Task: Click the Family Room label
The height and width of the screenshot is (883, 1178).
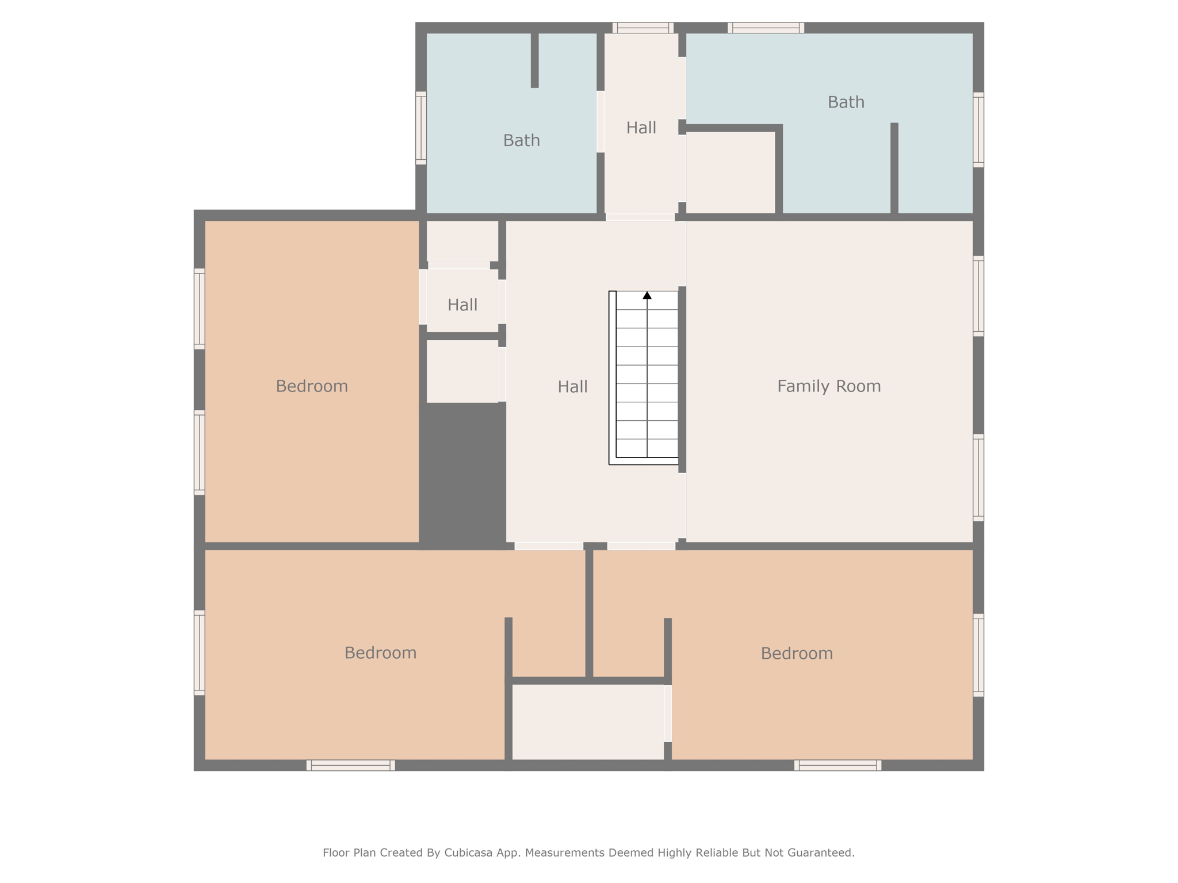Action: pos(828,386)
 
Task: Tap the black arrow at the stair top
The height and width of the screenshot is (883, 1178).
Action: pos(647,295)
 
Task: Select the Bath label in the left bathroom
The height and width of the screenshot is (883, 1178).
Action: pos(521,140)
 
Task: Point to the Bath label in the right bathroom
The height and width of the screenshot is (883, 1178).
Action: pos(846,102)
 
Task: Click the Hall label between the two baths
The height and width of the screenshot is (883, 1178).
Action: pos(641,128)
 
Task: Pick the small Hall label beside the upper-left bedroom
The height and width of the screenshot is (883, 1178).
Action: pos(462,305)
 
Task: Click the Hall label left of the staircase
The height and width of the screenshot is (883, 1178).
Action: pos(572,387)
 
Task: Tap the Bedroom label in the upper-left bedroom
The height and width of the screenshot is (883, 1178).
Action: pos(312,386)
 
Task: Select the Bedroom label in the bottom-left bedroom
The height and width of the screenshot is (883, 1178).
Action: pos(380,653)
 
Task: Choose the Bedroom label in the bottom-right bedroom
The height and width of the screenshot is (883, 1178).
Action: pos(797,654)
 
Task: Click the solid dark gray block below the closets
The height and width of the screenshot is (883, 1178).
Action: pos(463,471)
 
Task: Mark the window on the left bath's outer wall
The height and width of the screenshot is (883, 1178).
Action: pos(421,128)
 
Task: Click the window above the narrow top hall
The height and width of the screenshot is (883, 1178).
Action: pos(642,28)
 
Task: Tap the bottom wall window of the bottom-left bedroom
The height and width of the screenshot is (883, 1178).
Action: pos(350,765)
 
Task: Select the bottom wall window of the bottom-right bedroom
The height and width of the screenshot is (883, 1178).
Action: pos(837,765)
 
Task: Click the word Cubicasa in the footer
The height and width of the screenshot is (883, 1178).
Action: pos(466,853)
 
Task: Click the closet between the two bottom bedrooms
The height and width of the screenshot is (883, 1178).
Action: pos(588,722)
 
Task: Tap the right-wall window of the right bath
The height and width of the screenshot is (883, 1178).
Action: pos(978,130)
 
